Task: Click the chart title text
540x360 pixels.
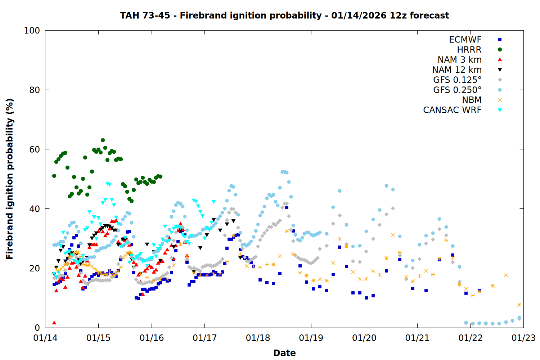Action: (x=284, y=15)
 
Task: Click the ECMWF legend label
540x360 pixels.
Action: (x=465, y=40)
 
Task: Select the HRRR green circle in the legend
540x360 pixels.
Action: (x=500, y=50)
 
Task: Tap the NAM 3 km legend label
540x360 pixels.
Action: (x=459, y=60)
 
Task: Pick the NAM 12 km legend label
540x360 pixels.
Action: (x=457, y=70)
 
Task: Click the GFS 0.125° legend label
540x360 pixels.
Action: (x=457, y=80)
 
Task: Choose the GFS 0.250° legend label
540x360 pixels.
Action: (x=457, y=90)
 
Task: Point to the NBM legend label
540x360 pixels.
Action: (x=472, y=100)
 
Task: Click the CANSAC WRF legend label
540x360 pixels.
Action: (x=452, y=110)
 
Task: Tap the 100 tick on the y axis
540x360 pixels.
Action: (x=32, y=31)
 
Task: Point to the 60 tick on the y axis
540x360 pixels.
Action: (x=35, y=149)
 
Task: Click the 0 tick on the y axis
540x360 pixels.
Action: (x=37, y=328)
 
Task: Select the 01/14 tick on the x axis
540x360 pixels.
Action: (x=45, y=338)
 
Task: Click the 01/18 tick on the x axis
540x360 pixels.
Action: (x=258, y=338)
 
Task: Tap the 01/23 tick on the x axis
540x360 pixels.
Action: (x=523, y=338)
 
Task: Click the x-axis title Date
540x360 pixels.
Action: (x=284, y=353)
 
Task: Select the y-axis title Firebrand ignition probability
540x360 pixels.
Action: (x=10, y=179)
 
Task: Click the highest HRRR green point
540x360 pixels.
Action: (x=103, y=140)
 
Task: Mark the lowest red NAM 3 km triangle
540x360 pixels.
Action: (x=54, y=323)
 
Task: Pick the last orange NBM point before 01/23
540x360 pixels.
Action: (x=519, y=305)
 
